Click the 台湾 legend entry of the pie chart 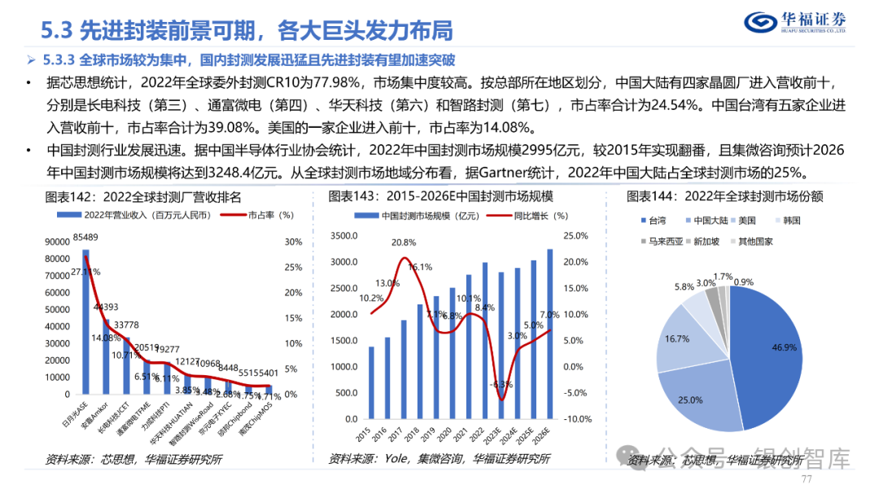pos(653,221)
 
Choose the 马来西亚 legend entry pos(662,242)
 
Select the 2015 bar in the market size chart pos(372,383)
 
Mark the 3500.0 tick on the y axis pos(345,236)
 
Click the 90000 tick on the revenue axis pos(56,242)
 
